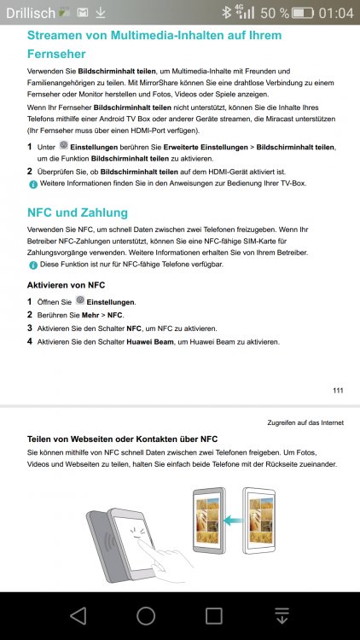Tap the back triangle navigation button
pos(78,614)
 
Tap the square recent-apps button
pos(214,614)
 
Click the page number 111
pos(338,391)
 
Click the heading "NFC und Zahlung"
pos(78,212)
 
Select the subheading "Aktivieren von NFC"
pos(67,284)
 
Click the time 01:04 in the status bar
pos(335,13)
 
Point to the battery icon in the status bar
pos(302,13)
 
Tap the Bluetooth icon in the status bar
pos(225,13)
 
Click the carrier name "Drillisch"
pos(31,13)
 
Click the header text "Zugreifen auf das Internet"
pos(305,422)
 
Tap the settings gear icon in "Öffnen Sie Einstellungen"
pos(79,301)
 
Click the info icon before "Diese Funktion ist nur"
pos(32,265)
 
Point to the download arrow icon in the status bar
pos(101,13)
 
